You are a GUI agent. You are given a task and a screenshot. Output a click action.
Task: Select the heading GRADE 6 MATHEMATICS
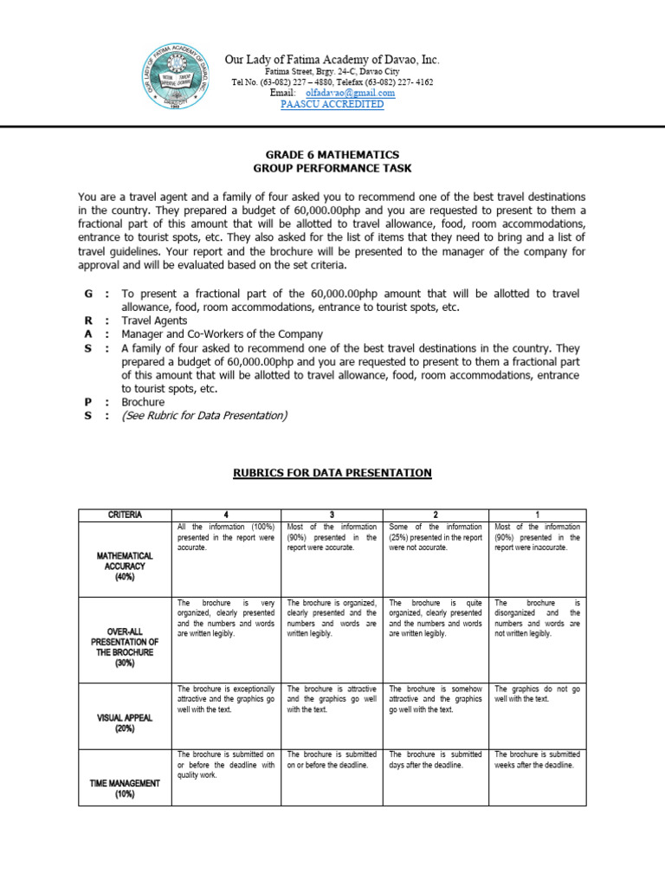pos(332,154)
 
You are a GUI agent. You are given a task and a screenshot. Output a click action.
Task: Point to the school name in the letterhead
pos(332,60)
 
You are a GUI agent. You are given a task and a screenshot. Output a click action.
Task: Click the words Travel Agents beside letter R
pos(154,320)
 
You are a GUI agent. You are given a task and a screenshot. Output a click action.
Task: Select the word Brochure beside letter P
pos(144,402)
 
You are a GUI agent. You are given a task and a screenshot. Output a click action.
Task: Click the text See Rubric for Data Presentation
pos(203,415)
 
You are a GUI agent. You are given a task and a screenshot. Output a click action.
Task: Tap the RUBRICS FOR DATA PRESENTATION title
pos(332,472)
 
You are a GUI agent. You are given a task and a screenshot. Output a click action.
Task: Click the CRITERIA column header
pos(126,515)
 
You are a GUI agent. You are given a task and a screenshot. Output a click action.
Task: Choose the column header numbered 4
pos(227,515)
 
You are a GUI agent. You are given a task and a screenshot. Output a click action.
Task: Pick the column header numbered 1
pos(537,515)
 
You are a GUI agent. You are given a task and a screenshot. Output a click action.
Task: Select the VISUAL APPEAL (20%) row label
pos(126,723)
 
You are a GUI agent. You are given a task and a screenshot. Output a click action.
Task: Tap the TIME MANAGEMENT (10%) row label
pos(126,787)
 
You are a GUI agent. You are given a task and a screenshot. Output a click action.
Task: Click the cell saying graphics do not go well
pos(537,693)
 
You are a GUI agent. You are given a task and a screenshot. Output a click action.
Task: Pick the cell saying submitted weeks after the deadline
pos(537,759)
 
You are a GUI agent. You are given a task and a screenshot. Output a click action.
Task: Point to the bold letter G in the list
pos(87,295)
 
